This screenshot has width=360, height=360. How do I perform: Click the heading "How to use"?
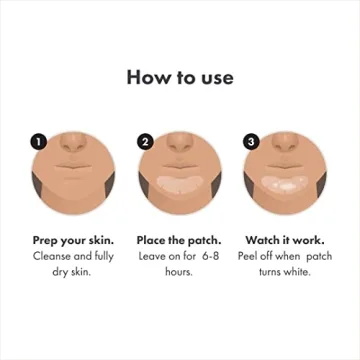(180, 76)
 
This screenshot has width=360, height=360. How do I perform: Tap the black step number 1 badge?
(38, 141)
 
